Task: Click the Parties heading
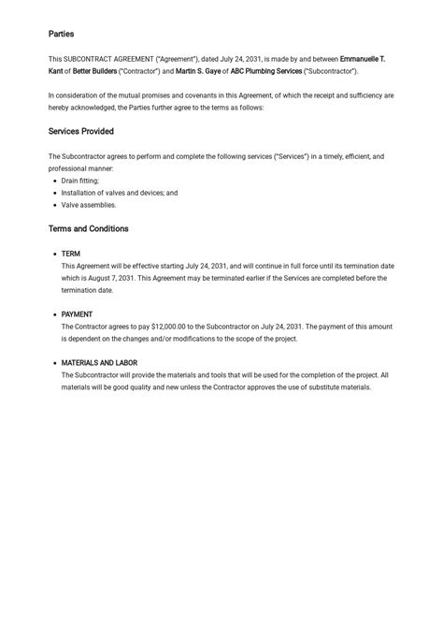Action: point(61,34)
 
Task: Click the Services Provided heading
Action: point(81,131)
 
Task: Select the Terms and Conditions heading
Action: point(88,228)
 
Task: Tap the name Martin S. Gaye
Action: point(199,71)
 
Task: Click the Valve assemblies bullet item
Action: point(89,205)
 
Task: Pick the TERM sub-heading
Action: point(71,254)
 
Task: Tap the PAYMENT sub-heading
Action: point(77,314)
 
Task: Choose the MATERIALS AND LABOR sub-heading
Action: point(100,363)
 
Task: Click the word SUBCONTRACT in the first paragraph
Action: point(97,59)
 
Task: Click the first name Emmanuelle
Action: point(360,59)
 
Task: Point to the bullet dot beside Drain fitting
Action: point(54,181)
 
